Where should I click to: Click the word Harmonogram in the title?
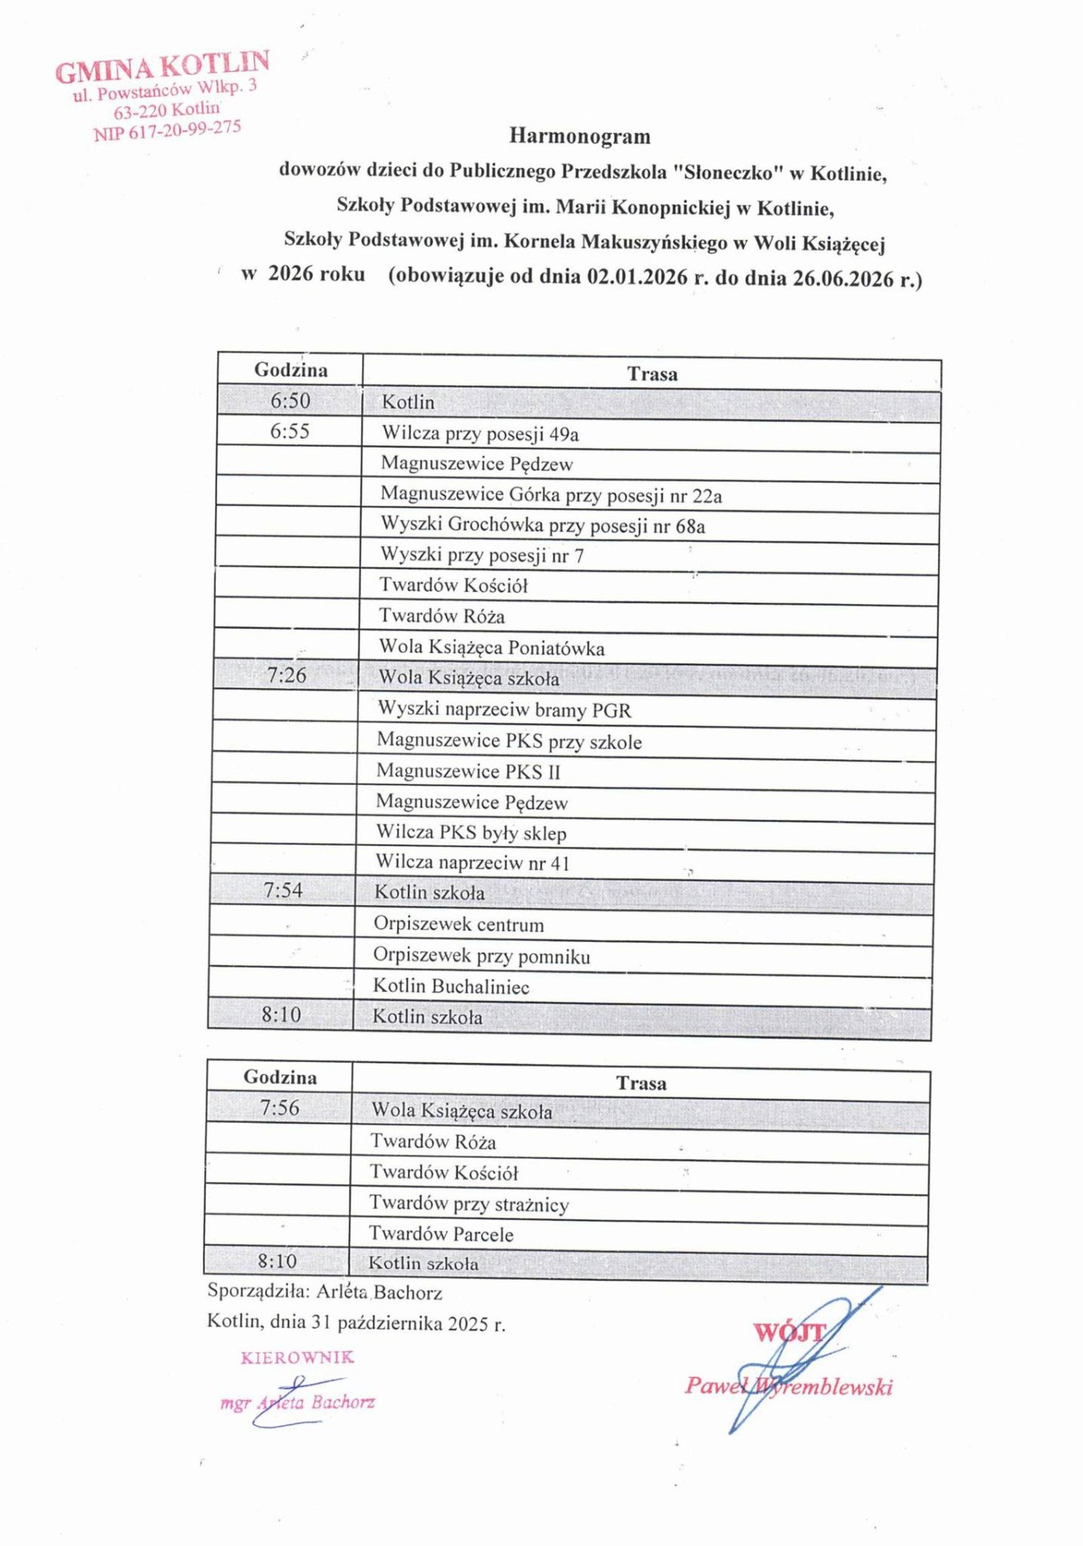coord(579,136)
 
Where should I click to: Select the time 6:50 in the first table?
coord(290,401)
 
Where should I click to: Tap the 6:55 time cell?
coord(290,432)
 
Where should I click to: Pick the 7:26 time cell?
coord(286,676)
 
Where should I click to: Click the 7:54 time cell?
coord(283,891)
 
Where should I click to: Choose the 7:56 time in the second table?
coord(279,1108)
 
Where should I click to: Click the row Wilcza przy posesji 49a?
coord(480,434)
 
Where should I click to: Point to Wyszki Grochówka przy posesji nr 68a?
coord(542,526)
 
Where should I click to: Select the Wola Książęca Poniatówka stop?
coord(492,647)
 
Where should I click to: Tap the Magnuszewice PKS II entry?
coord(468,771)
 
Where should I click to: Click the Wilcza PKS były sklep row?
coord(471,833)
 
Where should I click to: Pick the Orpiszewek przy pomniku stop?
coord(481,956)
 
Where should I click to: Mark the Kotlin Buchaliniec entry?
coord(451,986)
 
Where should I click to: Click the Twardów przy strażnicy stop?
coord(469,1204)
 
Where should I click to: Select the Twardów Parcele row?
coord(441,1234)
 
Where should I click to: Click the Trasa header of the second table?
coord(641,1084)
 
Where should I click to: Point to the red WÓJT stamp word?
coord(789,1333)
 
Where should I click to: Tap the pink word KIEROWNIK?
coord(297,1358)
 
